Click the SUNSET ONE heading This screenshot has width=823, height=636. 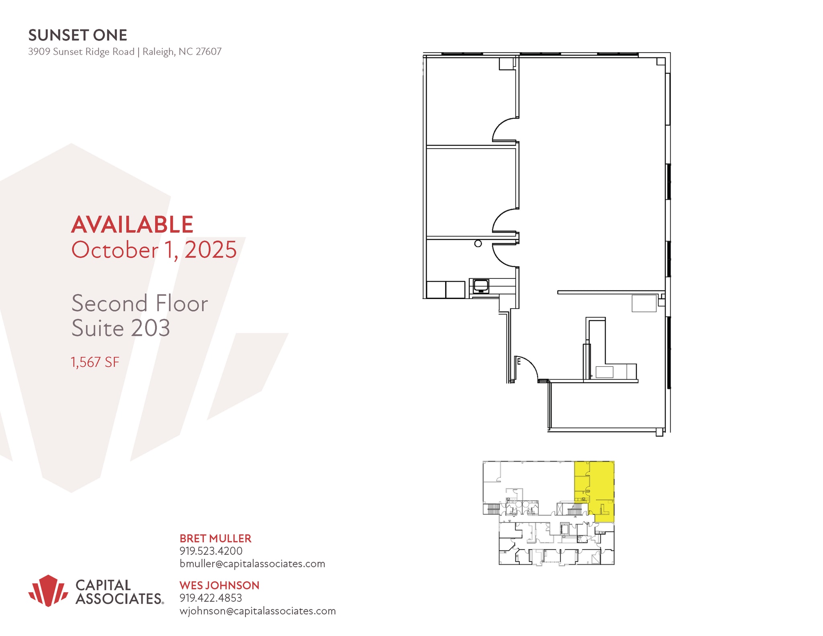click(x=78, y=35)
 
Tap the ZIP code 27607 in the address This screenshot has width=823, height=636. click(x=208, y=52)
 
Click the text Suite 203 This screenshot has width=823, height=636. click(x=121, y=328)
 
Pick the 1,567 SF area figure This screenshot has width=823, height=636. click(x=95, y=362)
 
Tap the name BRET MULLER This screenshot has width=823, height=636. click(x=215, y=538)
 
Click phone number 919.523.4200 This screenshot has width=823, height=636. click(x=211, y=551)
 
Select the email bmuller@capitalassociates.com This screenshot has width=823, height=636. click(x=252, y=564)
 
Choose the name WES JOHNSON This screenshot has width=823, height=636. click(x=219, y=585)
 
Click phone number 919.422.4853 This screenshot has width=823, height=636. click(x=211, y=598)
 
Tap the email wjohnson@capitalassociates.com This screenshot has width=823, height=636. click(x=257, y=611)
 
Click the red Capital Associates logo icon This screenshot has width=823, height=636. click(x=48, y=590)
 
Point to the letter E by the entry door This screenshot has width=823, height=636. click(x=519, y=362)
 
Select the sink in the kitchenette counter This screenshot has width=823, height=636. click(x=481, y=286)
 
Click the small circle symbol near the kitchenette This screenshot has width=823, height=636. click(x=478, y=243)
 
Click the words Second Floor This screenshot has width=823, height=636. click(x=139, y=303)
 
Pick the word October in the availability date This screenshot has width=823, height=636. click(x=115, y=250)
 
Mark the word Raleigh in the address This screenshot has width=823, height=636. click(x=158, y=52)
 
